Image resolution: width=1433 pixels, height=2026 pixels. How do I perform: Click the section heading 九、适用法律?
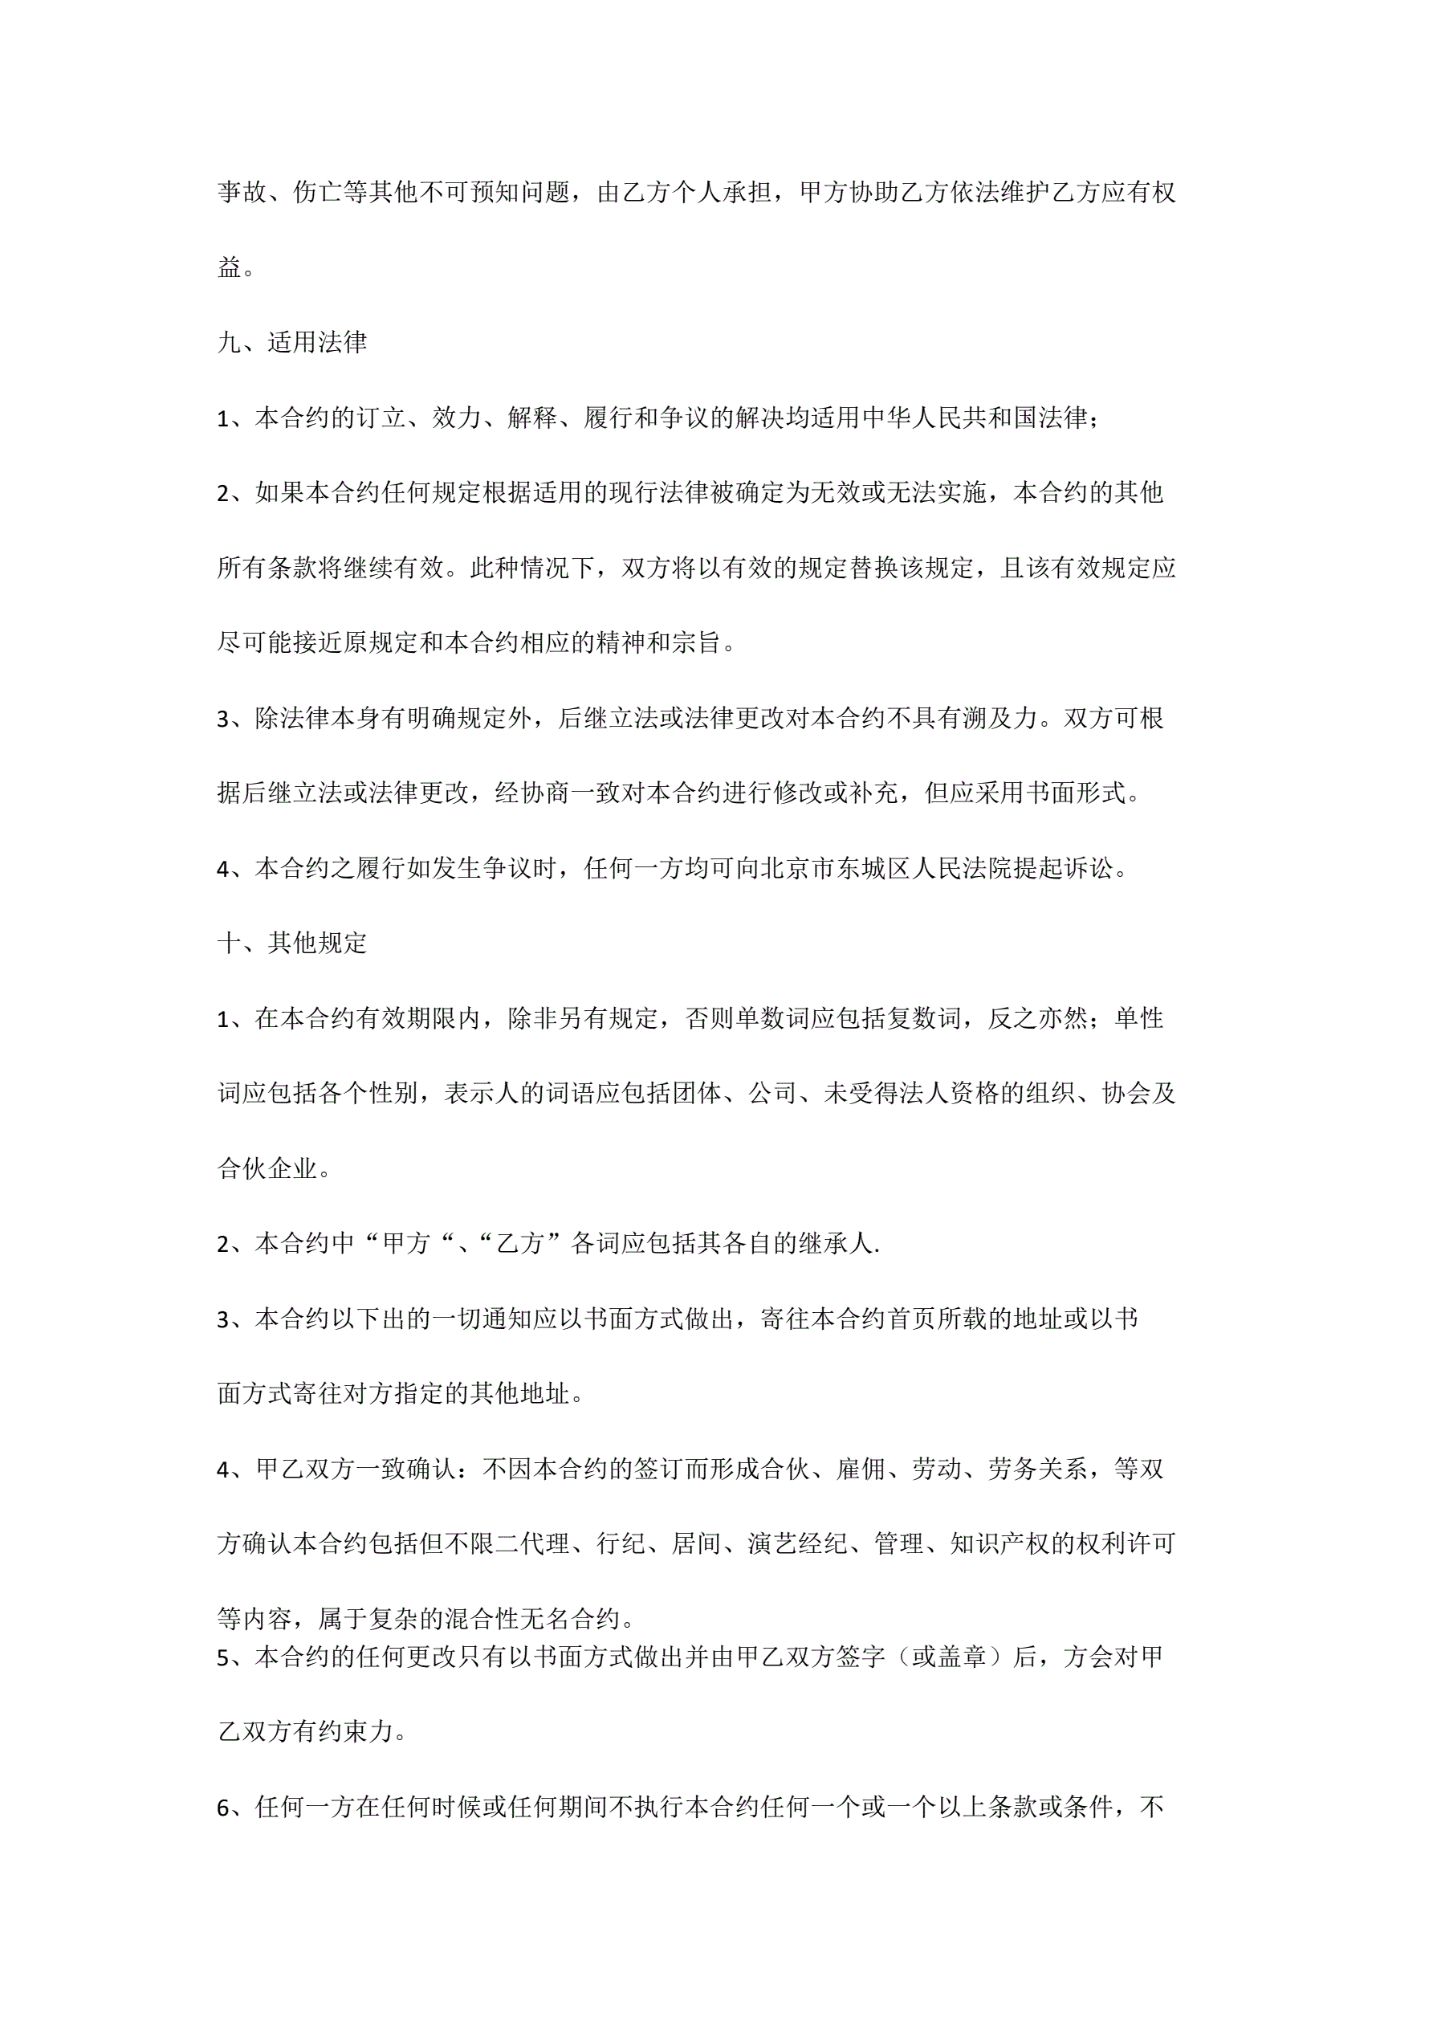coord(292,342)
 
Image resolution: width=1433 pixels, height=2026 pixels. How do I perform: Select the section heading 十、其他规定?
coord(292,944)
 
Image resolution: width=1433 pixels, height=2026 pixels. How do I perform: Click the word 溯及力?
coord(1000,718)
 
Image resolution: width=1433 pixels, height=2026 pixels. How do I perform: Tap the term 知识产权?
coord(999,1544)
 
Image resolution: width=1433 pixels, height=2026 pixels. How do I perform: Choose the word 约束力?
coord(355,1732)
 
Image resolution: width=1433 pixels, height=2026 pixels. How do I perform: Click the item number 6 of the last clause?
coord(223,1809)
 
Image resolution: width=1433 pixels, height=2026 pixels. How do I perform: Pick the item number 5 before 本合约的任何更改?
coord(223,1658)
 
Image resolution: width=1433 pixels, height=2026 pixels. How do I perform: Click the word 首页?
coord(913,1319)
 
